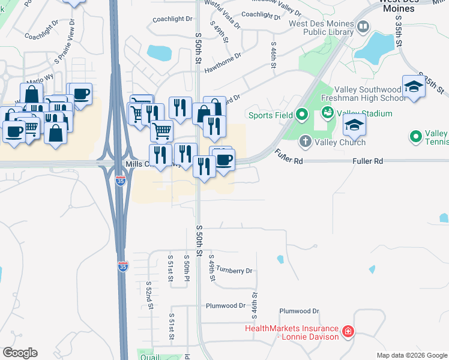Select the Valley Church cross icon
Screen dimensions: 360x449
305,142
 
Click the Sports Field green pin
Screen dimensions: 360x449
302,114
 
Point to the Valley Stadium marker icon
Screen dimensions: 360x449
327,112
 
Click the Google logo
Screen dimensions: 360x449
20,353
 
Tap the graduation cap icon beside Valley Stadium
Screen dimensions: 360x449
354,125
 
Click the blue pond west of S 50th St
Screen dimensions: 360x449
158,53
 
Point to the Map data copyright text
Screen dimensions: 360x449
411,356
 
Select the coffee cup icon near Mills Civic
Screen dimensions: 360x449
224,160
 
